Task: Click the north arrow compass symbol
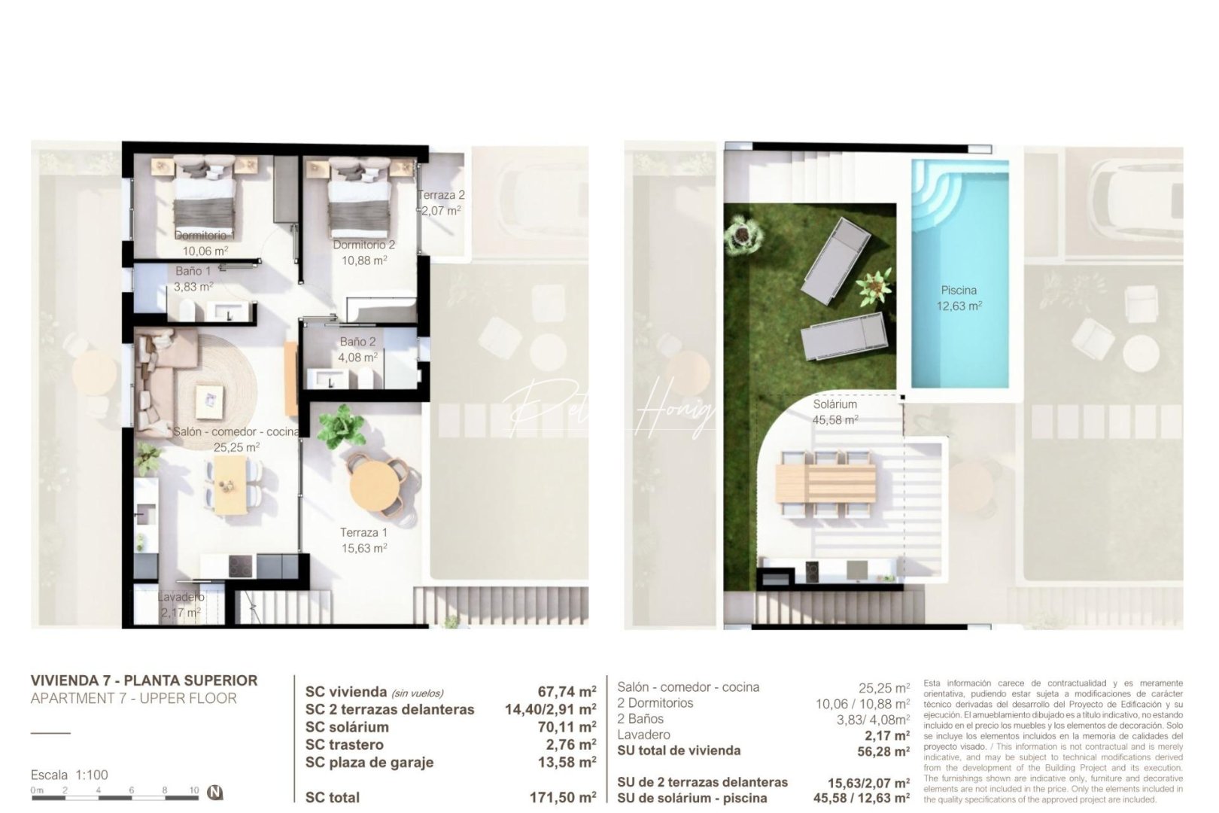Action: coord(216,792)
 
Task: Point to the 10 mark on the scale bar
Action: coord(194,790)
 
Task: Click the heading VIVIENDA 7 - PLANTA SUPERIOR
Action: coord(144,681)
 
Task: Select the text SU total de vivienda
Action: coord(678,751)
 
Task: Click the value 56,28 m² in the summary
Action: coord(883,751)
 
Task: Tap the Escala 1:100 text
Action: coord(69,775)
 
